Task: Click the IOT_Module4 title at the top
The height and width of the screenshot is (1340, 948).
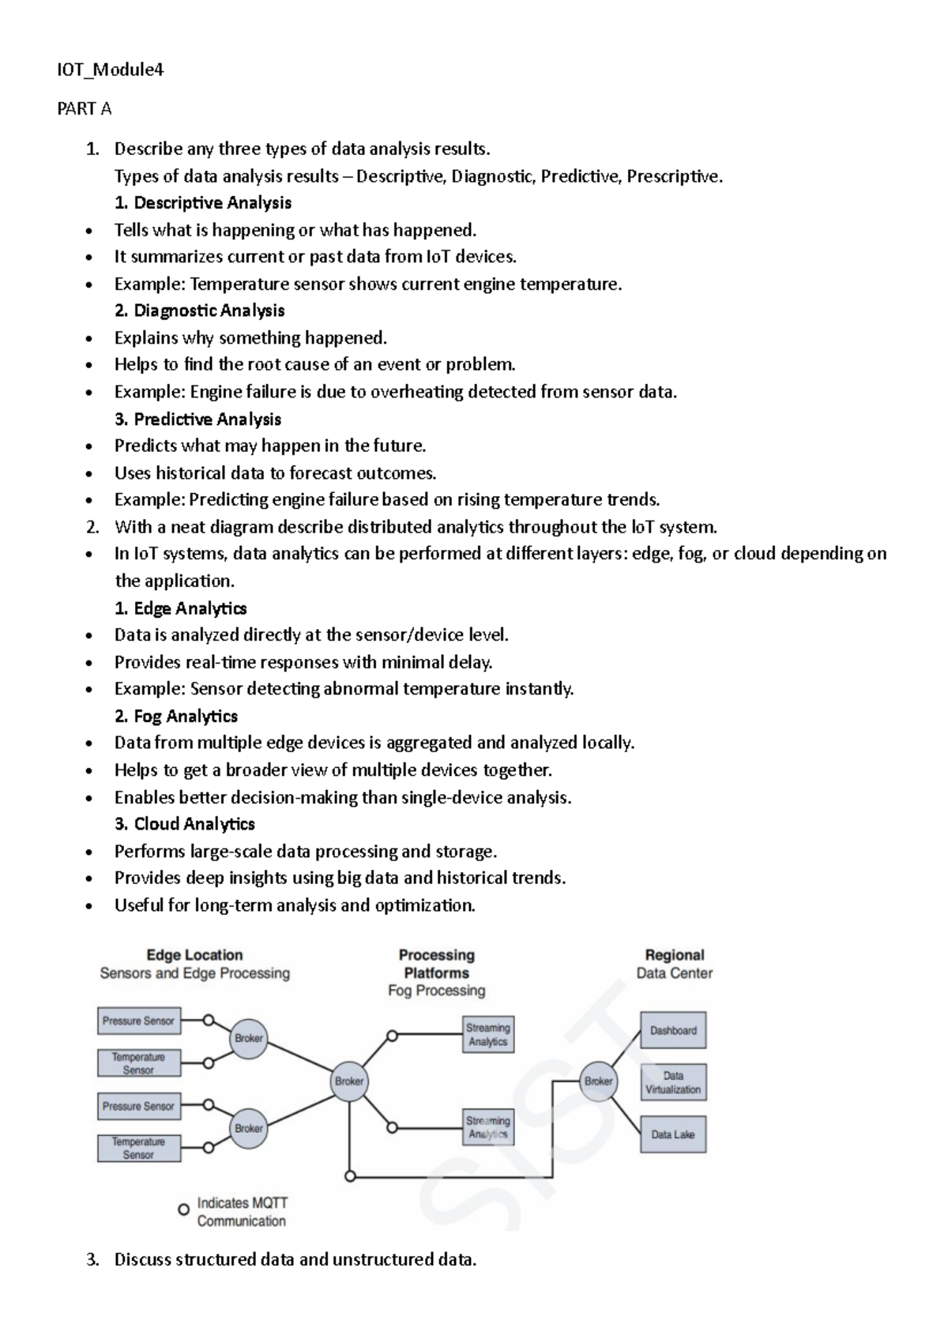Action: tap(110, 70)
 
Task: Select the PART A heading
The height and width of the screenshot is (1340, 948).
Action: tap(84, 109)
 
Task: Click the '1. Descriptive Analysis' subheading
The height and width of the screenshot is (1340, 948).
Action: tap(203, 203)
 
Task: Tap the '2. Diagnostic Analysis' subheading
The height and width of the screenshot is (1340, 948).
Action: tap(199, 311)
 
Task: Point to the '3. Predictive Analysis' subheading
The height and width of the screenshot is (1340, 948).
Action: tap(197, 419)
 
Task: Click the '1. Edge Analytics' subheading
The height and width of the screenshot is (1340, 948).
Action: tap(180, 608)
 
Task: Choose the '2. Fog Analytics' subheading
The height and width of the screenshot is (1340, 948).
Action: tap(176, 717)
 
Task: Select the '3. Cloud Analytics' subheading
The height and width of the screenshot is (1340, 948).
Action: tap(185, 824)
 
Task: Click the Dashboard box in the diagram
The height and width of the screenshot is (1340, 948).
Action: tap(673, 1030)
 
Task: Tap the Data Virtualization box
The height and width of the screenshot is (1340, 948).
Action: tap(673, 1082)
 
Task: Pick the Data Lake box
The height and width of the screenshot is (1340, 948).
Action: tap(673, 1135)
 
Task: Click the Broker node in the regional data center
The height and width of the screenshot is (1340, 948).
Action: tap(598, 1081)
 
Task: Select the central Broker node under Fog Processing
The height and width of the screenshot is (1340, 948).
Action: tap(349, 1081)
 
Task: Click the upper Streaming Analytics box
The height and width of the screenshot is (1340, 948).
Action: tap(487, 1035)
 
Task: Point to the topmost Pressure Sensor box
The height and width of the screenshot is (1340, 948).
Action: tap(138, 1021)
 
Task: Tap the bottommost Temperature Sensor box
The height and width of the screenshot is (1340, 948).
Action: tap(138, 1148)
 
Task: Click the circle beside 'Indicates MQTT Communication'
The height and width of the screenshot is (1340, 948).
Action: tap(183, 1210)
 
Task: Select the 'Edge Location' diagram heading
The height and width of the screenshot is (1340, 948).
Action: tap(194, 955)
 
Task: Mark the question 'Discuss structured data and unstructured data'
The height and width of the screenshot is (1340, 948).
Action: tap(295, 1259)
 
